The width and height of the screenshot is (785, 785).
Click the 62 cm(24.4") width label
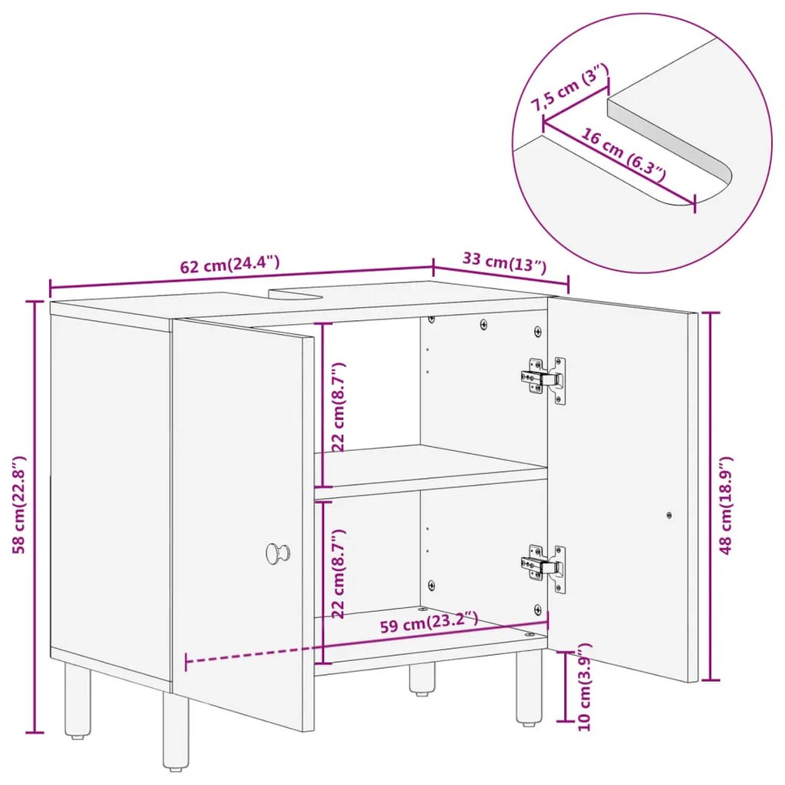click(x=229, y=264)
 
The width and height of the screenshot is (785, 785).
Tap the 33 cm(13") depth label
click(x=504, y=262)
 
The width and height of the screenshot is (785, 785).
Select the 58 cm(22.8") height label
click(x=18, y=505)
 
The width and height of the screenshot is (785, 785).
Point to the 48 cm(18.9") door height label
click(x=726, y=505)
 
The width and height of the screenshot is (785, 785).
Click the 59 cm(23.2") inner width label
click(x=429, y=623)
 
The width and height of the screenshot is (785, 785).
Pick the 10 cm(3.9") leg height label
click(x=584, y=686)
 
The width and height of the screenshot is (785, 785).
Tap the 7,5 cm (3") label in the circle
click(x=570, y=88)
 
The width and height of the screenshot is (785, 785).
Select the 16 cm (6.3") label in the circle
click(x=623, y=155)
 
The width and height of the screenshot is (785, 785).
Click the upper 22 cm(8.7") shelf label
click(x=339, y=406)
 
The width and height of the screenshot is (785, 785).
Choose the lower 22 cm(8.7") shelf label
click(x=339, y=573)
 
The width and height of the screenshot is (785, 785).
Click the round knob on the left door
click(x=277, y=553)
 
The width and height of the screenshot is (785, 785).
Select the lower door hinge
click(x=543, y=568)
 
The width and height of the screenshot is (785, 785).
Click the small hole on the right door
click(x=669, y=515)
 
